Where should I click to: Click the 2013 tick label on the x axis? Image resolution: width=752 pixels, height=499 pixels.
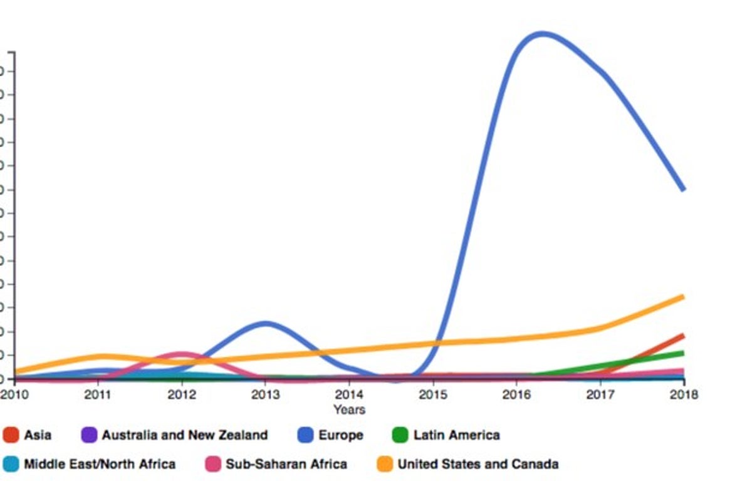[x=265, y=395]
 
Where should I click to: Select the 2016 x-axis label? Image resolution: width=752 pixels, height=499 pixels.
[x=516, y=395]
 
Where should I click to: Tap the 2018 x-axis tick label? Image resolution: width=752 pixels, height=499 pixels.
[x=683, y=395]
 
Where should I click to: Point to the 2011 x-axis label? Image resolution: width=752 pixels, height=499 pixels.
[x=98, y=395]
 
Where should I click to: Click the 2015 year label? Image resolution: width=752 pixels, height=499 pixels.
[x=432, y=395]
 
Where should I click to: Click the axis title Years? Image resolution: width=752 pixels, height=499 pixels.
[x=349, y=410]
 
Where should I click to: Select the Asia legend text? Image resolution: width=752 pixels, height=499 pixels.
[x=38, y=435]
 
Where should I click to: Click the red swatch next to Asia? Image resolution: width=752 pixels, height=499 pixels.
[x=11, y=435]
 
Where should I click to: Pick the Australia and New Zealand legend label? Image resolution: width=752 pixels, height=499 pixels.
[x=184, y=435]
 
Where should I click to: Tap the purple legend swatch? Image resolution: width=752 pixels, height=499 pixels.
[x=89, y=435]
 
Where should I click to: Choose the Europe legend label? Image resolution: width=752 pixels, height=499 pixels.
[x=340, y=435]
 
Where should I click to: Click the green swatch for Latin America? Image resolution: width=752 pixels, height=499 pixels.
[x=400, y=435]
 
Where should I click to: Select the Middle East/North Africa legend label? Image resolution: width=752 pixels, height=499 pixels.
[x=99, y=464]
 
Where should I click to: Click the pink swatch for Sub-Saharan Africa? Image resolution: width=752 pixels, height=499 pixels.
[x=213, y=464]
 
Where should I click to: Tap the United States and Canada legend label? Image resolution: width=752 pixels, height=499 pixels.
[x=478, y=464]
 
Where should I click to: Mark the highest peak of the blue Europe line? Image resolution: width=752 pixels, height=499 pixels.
[x=540, y=34]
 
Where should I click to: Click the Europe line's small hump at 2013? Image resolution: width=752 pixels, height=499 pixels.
[x=266, y=323]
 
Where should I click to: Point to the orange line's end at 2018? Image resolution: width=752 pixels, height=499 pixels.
[x=682, y=296]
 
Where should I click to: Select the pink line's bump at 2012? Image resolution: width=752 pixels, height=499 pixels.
[x=182, y=354]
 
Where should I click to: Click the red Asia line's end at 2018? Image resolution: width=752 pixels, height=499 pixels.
[x=682, y=336]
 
